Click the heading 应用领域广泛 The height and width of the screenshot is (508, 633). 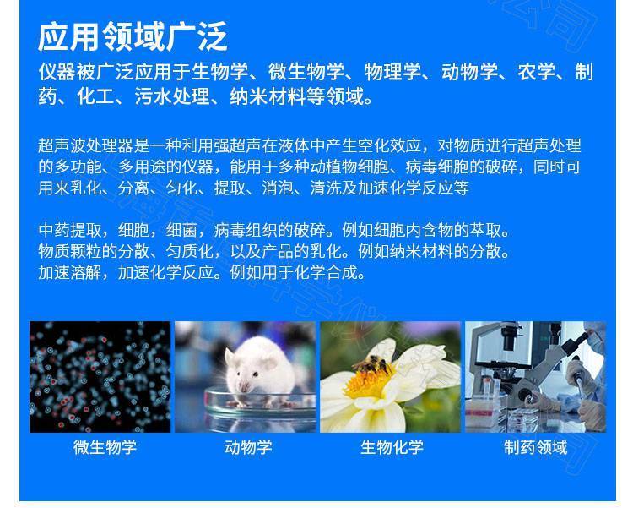coord(133,37)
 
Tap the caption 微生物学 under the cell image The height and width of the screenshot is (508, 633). coord(105,447)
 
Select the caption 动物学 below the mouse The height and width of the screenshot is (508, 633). coord(248,447)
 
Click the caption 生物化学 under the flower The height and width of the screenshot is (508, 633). coord(392,447)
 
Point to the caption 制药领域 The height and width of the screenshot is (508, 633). coord(535,447)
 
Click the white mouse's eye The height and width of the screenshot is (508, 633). coord(255,374)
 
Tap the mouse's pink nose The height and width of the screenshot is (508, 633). coord(242,387)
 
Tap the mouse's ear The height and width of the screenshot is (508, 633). coord(230,357)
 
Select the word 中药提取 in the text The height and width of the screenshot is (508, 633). coord(70,230)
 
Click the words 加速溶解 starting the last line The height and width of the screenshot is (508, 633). coord(70,272)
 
